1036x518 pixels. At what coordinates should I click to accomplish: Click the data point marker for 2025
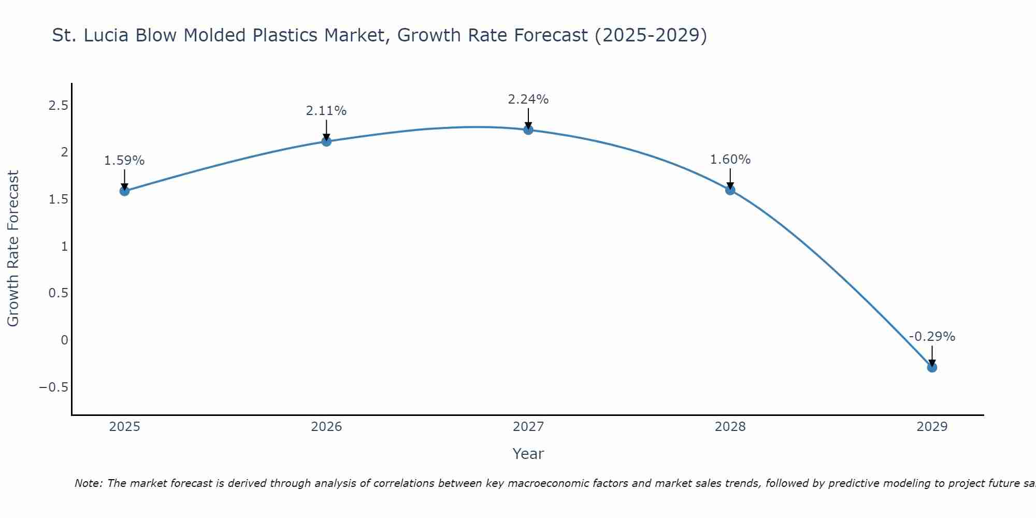124,191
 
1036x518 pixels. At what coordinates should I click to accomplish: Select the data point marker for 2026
326,141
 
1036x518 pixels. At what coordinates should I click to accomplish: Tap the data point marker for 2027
528,129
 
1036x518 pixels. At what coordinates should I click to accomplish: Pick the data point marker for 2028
730,190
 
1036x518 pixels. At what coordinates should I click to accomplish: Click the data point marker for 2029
932,367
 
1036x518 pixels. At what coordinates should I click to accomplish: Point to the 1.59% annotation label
124,161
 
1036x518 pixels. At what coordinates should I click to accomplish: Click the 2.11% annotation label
326,111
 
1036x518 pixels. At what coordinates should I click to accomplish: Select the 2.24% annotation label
528,99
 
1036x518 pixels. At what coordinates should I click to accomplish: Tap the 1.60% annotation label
730,160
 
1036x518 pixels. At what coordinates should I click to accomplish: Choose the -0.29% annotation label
932,337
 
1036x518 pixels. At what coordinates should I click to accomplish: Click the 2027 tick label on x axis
528,427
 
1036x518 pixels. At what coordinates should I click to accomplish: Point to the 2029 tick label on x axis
932,427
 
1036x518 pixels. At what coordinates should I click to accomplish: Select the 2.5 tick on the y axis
58,106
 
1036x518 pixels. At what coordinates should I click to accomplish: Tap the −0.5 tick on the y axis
54,387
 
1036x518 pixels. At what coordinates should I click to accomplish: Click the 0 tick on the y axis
64,340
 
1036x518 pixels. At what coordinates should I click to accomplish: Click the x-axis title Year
528,454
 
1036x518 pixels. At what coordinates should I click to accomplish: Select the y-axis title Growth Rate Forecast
13,249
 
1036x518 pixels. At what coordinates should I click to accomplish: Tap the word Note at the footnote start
88,483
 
